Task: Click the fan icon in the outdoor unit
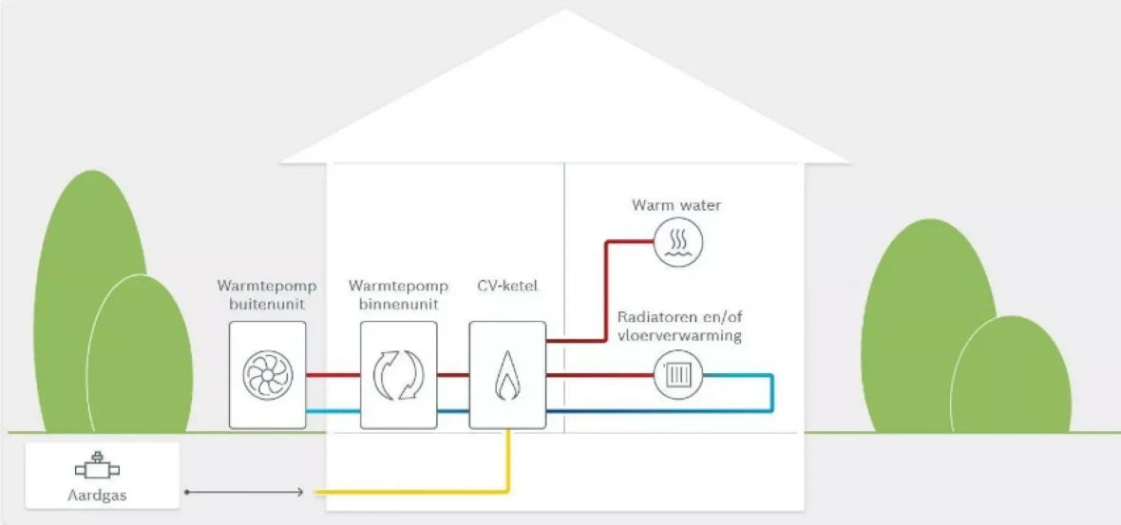tap(267, 374)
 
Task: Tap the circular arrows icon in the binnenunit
tap(398, 374)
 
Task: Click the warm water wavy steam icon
tap(676, 243)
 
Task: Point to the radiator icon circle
tap(676, 375)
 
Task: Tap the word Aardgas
tap(98, 496)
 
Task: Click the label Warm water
tap(676, 205)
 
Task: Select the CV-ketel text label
tap(507, 285)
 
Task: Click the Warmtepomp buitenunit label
tap(267, 293)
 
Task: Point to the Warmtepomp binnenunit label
tap(398, 293)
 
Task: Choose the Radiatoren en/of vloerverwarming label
tap(680, 326)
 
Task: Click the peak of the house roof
tap(566, 12)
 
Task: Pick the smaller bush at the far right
tap(1011, 375)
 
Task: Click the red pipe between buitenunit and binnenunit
tap(332, 374)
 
